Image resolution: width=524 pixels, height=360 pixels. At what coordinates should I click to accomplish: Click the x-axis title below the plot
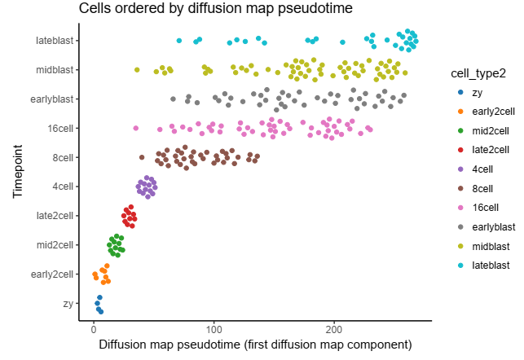255,345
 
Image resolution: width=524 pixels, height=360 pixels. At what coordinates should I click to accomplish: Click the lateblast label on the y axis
55,41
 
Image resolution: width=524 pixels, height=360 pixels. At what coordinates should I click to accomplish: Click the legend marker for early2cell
460,111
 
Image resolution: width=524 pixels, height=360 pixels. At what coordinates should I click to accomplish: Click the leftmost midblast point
137,70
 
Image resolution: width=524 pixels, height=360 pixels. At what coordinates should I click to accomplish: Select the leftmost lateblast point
179,41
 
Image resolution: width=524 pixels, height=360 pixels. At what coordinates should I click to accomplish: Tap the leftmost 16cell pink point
136,128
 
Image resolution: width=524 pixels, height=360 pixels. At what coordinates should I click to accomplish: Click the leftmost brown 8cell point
142,157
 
